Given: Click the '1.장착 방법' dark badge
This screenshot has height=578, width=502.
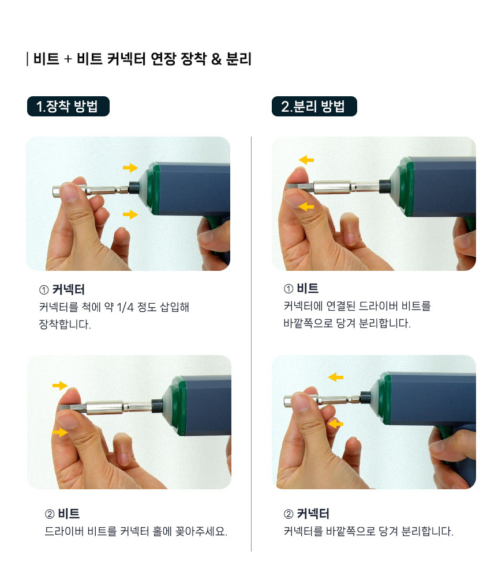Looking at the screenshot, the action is (68, 106).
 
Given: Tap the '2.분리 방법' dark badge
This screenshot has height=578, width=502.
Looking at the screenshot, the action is (314, 106).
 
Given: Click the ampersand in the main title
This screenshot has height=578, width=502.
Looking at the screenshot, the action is (216, 59).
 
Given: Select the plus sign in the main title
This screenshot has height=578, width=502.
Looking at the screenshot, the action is (68, 59).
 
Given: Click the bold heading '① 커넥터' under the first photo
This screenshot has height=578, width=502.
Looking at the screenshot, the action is (62, 290).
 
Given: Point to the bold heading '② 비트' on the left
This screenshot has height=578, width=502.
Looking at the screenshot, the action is (62, 513).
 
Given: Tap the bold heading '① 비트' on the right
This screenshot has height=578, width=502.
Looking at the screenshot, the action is (301, 288).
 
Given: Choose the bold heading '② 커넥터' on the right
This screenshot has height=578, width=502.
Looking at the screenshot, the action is (306, 513).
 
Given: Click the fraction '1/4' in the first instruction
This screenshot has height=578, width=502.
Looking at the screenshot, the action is (125, 307).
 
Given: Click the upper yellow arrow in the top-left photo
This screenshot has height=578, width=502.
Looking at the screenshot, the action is (130, 168).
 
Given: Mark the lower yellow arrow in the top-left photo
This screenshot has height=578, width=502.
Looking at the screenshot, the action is (130, 214).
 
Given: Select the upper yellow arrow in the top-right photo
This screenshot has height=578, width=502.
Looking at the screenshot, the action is (306, 160).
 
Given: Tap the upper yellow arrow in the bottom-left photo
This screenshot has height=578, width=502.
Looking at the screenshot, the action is (60, 386).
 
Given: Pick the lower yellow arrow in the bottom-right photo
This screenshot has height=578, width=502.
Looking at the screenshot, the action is (335, 424).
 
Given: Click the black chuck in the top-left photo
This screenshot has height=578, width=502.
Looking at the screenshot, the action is (134, 188).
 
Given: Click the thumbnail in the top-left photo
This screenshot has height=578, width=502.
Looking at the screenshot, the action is (69, 192).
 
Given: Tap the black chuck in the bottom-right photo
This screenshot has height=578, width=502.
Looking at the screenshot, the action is (365, 398).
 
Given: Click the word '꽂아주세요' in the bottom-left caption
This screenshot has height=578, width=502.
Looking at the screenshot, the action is (201, 531).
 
